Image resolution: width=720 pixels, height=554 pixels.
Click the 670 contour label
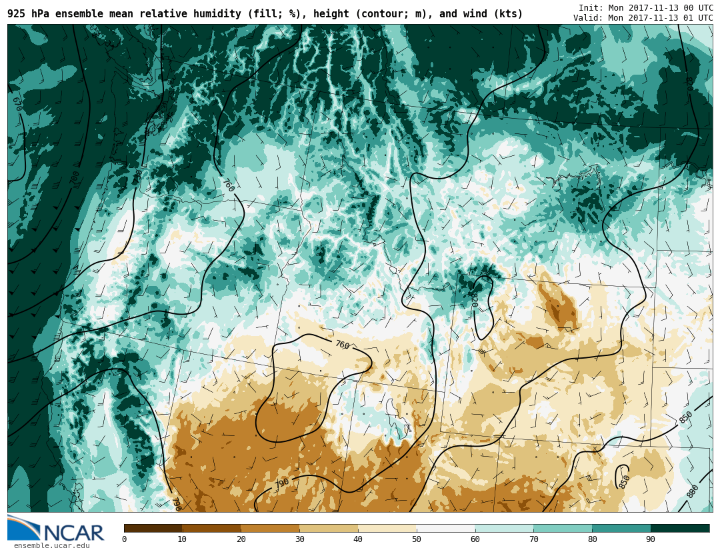pyautogui.click(x=17, y=104)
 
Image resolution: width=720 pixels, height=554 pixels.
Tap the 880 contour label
pyautogui.click(x=693, y=491)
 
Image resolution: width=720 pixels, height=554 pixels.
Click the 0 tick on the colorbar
pyautogui.click(x=124, y=539)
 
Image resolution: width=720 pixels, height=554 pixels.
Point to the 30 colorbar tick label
pyautogui.click(x=299, y=539)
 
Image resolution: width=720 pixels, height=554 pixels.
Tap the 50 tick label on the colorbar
pyautogui.click(x=417, y=539)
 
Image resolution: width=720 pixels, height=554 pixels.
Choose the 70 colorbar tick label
pyautogui.click(x=533, y=539)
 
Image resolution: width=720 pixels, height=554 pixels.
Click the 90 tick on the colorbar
pyautogui.click(x=651, y=539)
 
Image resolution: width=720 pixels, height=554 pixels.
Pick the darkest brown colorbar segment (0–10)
pyautogui.click(x=153, y=528)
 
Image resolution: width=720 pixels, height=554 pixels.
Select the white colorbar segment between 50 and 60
pyautogui.click(x=446, y=528)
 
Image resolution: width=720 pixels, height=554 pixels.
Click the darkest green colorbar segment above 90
pyautogui.click(x=680, y=528)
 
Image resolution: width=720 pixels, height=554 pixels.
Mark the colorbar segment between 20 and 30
pyautogui.click(x=270, y=528)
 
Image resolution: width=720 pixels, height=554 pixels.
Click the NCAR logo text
pyautogui.click(x=74, y=533)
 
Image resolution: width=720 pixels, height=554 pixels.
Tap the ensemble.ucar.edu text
pyautogui.click(x=51, y=546)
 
